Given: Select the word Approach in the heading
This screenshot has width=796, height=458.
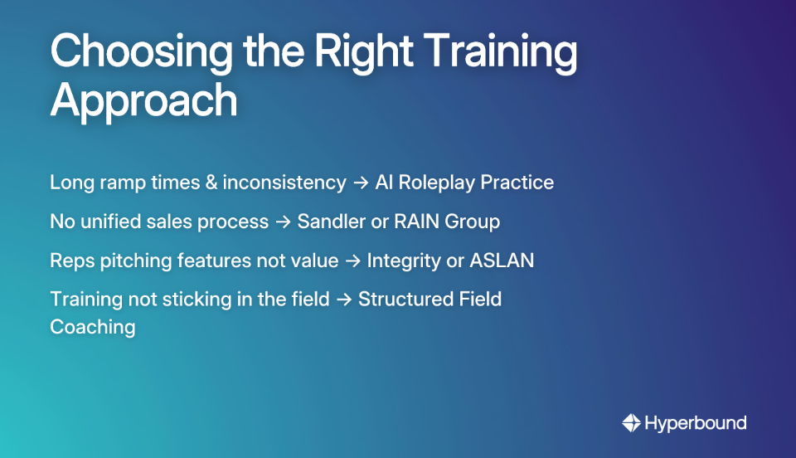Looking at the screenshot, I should point(143,101).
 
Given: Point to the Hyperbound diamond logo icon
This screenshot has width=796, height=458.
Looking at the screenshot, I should point(631,423).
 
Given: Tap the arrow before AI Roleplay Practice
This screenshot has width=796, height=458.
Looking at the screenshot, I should point(361,183).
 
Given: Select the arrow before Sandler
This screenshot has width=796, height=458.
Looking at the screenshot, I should point(283,222).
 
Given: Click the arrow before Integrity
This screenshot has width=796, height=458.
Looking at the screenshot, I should point(352,261).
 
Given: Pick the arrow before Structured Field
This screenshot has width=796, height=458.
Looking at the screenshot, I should point(343,300).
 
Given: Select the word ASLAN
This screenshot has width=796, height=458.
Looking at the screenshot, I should point(502,261).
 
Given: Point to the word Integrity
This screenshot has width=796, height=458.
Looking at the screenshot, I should point(402,261).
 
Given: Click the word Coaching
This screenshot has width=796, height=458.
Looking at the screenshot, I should point(93,327).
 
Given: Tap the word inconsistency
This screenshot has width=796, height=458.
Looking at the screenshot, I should point(284,183).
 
